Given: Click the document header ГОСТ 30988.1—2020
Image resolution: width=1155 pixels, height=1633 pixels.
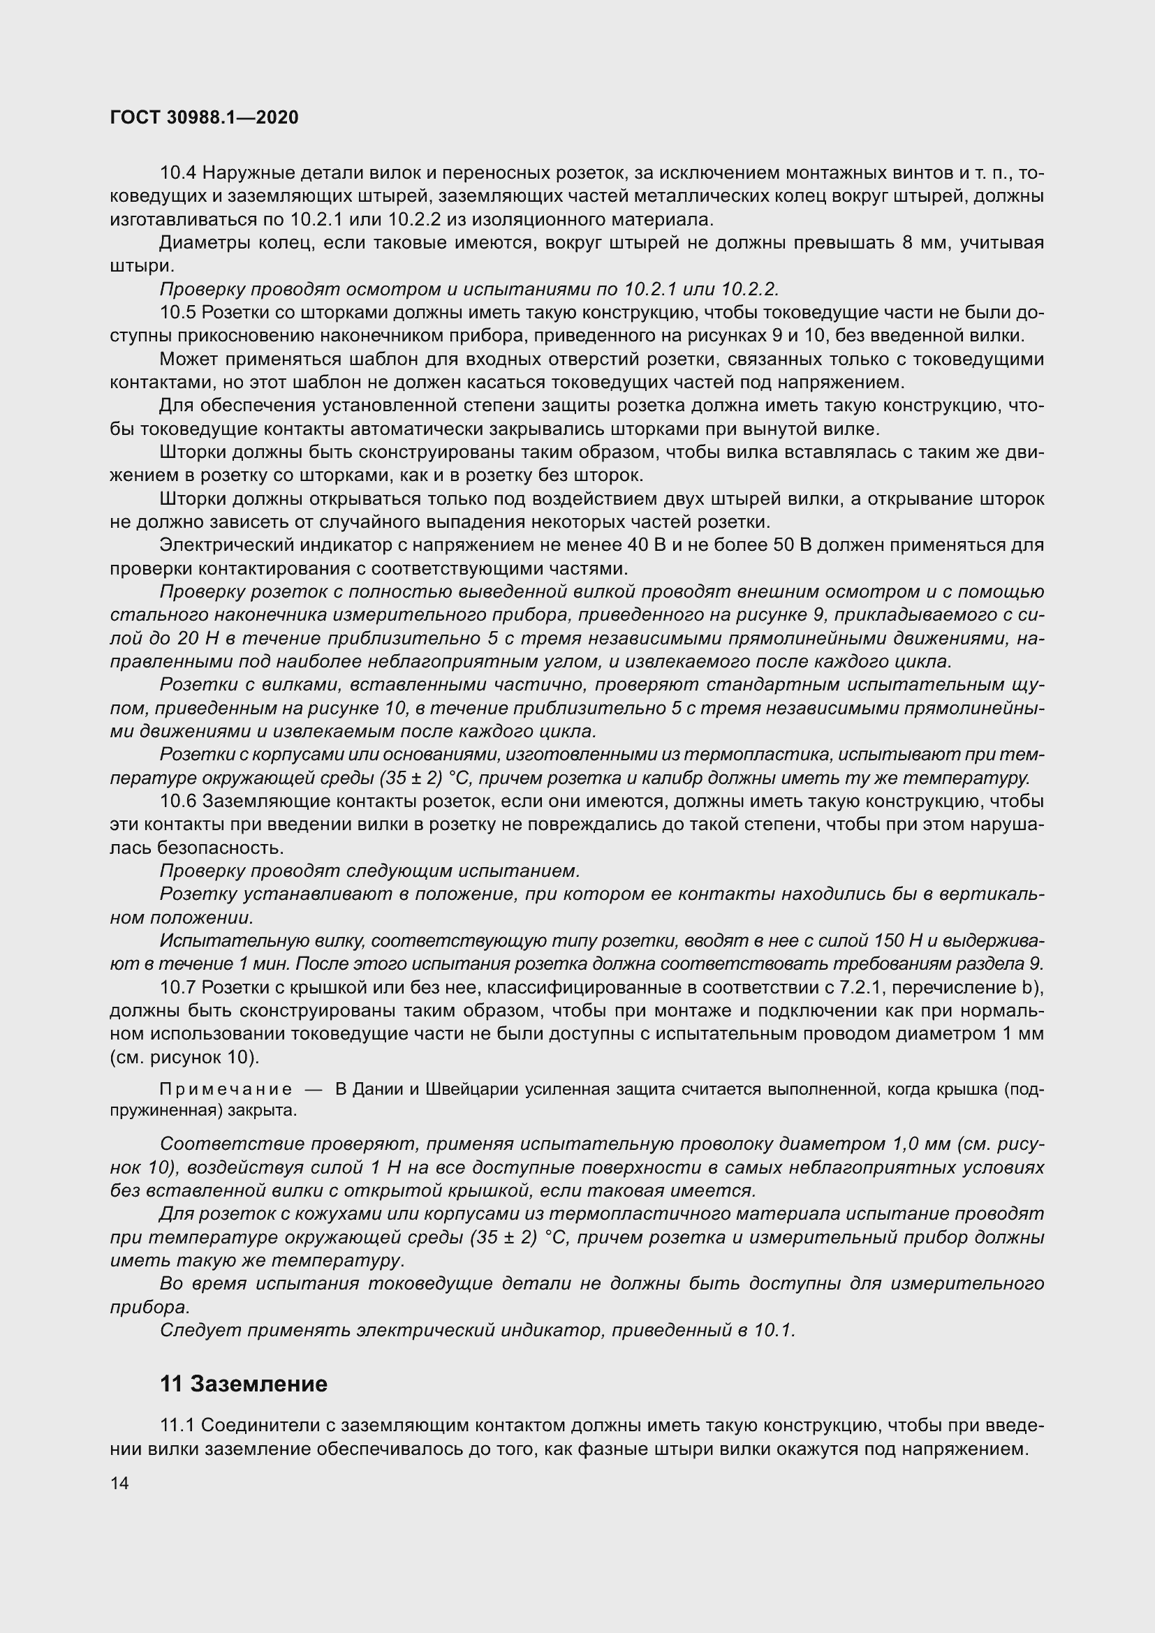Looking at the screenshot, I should (204, 117).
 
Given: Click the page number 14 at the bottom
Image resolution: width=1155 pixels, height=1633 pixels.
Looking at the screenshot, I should (119, 1484).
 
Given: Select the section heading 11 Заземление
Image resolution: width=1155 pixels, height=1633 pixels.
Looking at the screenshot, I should (243, 1383).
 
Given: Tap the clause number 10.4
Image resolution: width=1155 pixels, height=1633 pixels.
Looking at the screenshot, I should (178, 173).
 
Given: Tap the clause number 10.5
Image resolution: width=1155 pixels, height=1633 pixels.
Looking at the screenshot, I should (178, 312).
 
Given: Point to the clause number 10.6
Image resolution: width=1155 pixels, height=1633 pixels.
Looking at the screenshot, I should (178, 801).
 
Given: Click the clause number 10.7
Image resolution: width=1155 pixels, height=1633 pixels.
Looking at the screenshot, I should (178, 987).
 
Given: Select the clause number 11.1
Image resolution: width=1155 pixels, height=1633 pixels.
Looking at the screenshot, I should (178, 1426).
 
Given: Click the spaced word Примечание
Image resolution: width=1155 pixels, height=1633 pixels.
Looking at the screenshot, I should (226, 1090).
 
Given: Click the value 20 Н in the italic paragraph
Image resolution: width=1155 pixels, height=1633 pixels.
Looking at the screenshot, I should (199, 638).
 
